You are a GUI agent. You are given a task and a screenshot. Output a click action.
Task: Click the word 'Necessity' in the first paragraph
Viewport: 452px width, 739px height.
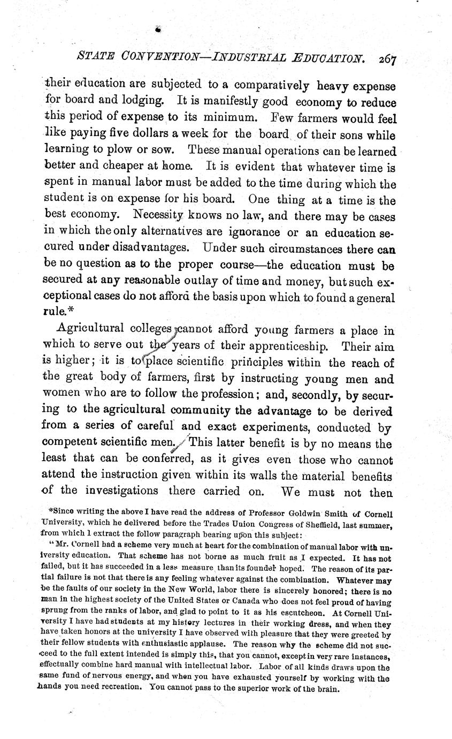tap(159, 217)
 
